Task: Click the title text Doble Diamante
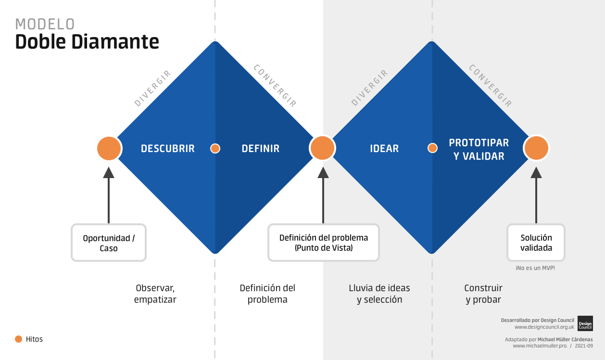pos(87,42)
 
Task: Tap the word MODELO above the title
pos(45,24)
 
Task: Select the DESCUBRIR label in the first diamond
pos(168,149)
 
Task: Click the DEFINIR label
pos(260,149)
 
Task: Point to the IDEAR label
pos(384,149)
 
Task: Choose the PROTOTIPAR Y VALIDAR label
pos(479,150)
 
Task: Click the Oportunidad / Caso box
pos(109,243)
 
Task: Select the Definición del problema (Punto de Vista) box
pos(324,243)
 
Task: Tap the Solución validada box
pos(536,243)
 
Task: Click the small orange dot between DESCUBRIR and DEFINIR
pos(215,148)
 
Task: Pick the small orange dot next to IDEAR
pos(432,148)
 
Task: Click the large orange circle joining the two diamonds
pos(323,148)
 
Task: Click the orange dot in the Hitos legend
pos(19,339)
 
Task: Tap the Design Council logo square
pos(585,323)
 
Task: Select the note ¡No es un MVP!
pos(535,268)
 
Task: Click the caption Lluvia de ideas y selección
pos(379,294)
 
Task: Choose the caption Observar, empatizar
pos(155,294)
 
